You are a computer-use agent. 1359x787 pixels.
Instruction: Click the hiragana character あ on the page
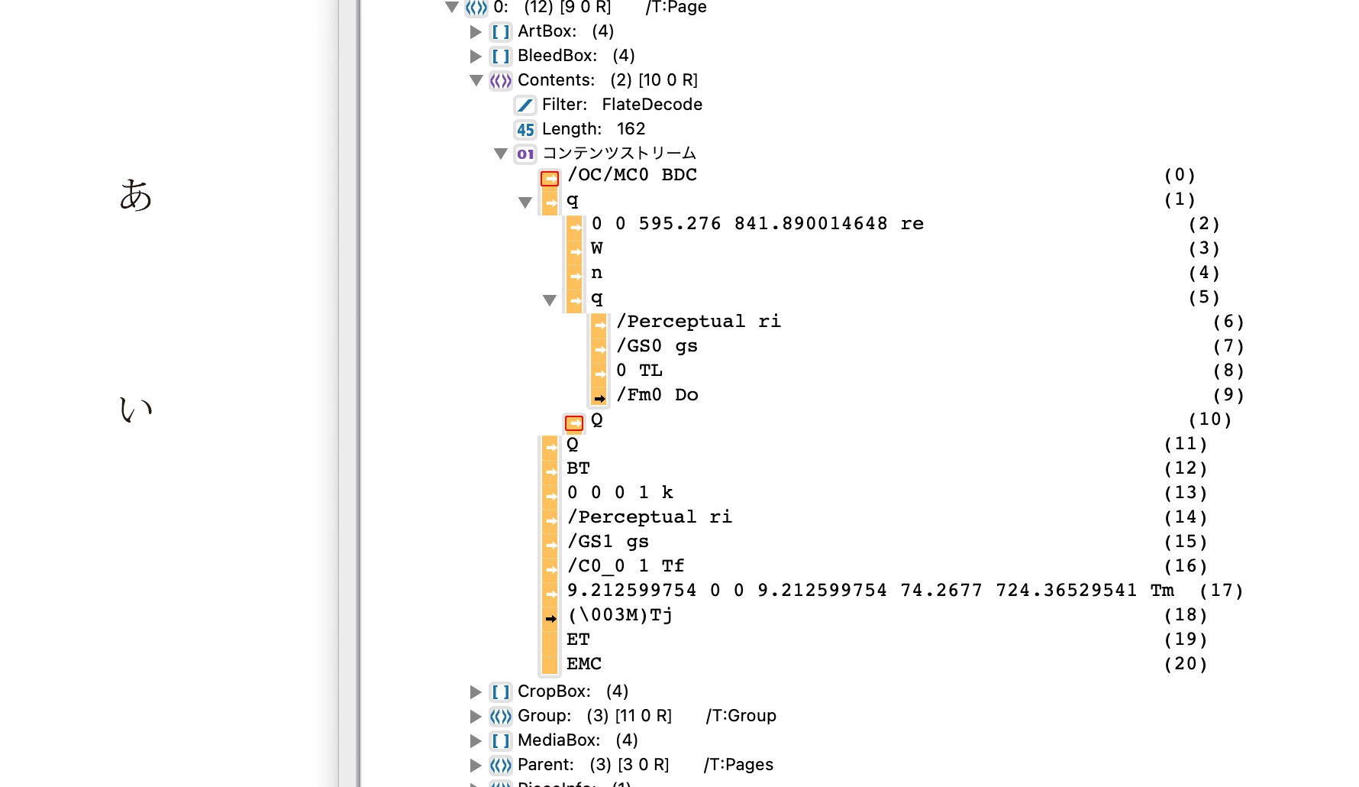[x=136, y=195]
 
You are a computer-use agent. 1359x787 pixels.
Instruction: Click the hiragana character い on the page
[x=136, y=410]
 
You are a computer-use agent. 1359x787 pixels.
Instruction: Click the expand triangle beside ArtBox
[x=476, y=32]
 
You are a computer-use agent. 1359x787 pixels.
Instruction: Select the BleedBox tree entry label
[x=557, y=56]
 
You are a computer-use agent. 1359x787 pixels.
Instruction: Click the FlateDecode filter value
[x=652, y=105]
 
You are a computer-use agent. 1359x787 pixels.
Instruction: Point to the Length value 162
[x=631, y=129]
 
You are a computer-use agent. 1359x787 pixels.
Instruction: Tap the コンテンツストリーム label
[x=619, y=154]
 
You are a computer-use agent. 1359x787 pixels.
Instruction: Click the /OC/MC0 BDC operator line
[x=632, y=175]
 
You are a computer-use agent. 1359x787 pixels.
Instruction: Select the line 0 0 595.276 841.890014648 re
[x=757, y=224]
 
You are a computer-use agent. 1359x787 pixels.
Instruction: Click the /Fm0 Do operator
[x=657, y=395]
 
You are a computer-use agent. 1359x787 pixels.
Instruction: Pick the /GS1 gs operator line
[x=608, y=542]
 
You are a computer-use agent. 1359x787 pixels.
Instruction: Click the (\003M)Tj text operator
[x=620, y=615]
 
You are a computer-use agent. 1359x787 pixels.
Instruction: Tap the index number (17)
[x=1222, y=591]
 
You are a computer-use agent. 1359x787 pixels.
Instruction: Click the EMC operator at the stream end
[x=584, y=664]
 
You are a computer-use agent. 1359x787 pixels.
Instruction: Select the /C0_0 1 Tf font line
[x=625, y=566]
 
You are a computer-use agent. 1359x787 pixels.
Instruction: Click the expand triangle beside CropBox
[x=476, y=692]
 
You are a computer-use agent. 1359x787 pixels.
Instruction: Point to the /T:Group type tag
[x=741, y=716]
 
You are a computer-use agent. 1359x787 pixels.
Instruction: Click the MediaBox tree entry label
[x=559, y=740]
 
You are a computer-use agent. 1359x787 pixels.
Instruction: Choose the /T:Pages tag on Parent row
[x=738, y=765]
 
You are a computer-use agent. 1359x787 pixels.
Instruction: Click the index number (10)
[x=1210, y=419]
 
